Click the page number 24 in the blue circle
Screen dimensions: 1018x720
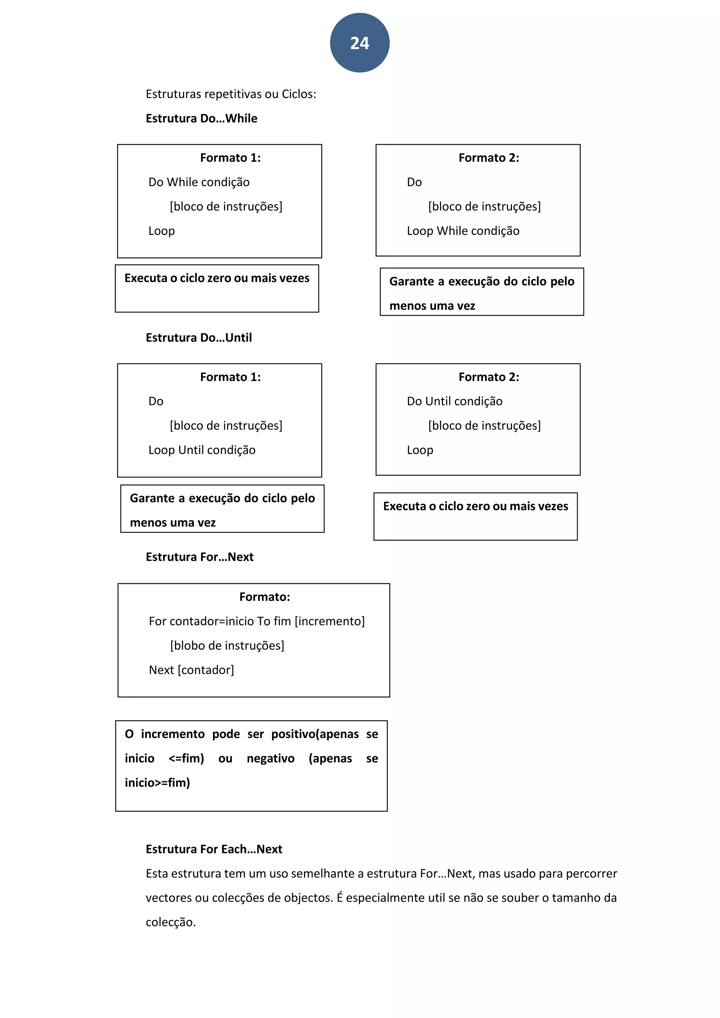(x=360, y=43)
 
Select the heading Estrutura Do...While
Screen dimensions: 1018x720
(x=201, y=118)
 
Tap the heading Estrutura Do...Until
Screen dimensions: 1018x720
(x=199, y=337)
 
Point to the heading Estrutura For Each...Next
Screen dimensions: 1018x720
(x=214, y=849)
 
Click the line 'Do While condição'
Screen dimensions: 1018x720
(x=199, y=182)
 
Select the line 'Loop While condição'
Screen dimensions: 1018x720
(x=463, y=231)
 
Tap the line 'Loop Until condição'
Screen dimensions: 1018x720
(x=202, y=450)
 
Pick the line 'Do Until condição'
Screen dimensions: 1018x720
(x=455, y=401)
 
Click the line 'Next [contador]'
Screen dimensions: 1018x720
(x=191, y=670)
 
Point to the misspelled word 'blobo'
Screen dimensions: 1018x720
(x=187, y=645)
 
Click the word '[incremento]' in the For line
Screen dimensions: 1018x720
(x=329, y=621)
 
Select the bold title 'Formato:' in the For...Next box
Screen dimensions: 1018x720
(x=264, y=597)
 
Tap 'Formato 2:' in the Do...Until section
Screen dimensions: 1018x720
(x=489, y=377)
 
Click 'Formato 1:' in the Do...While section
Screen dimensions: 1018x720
(x=230, y=158)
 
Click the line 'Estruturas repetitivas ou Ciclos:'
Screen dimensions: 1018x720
(x=231, y=94)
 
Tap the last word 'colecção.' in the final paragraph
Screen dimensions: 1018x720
(x=171, y=922)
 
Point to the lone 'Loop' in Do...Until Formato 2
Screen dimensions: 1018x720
(x=420, y=450)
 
